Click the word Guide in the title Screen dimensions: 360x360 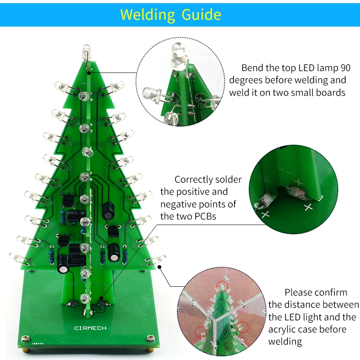coord(201,15)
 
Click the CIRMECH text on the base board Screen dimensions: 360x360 coord(90,328)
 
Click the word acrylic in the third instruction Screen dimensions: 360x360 coord(284,329)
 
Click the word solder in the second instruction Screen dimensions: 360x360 coord(229,180)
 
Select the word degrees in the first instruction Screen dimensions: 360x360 coord(246,81)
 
